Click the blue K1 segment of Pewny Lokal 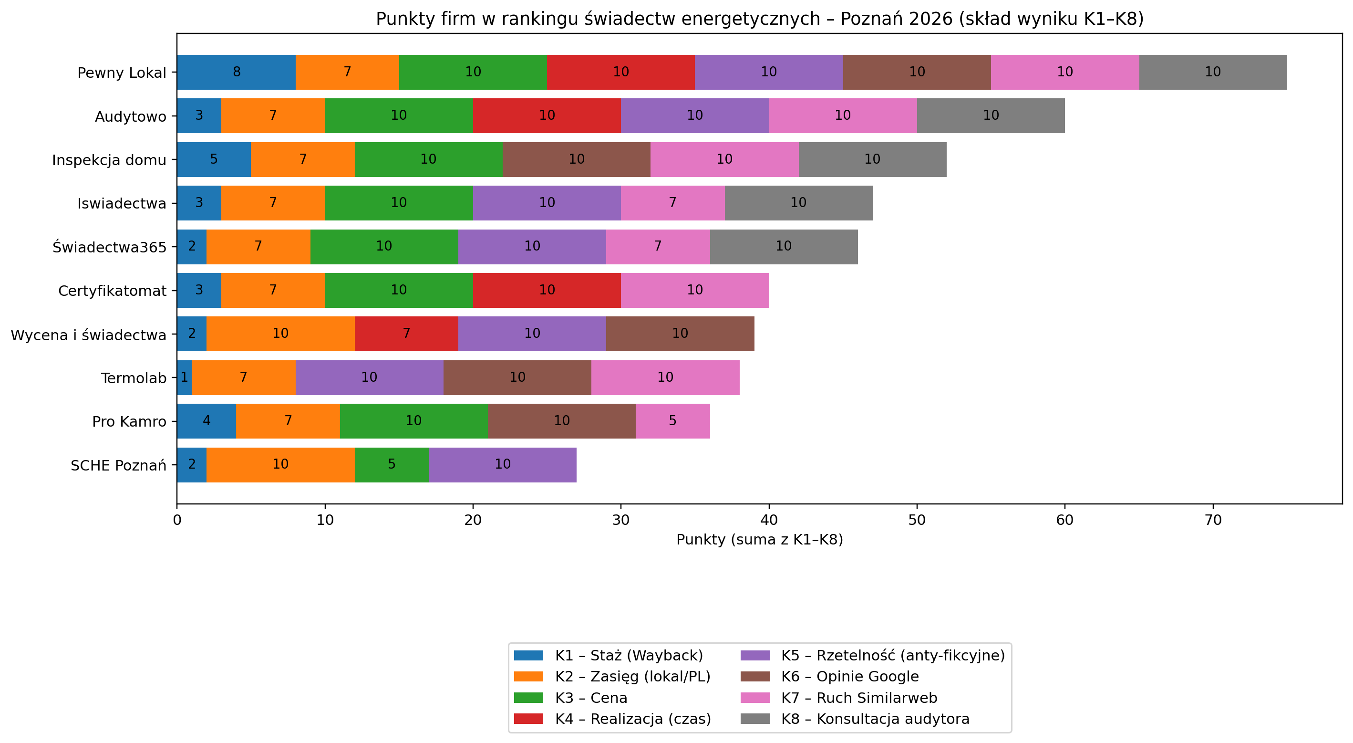(x=237, y=72)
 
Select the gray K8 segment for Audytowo (x=991, y=115)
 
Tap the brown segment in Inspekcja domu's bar (x=576, y=159)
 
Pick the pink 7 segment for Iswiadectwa (x=672, y=203)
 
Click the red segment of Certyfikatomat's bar (x=547, y=290)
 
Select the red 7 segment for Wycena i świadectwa (x=406, y=334)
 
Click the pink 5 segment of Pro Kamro (x=672, y=421)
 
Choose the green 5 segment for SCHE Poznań (x=391, y=464)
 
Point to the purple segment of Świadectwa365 (x=532, y=246)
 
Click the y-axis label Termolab (x=134, y=378)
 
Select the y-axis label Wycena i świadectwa (x=88, y=335)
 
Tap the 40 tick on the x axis (x=769, y=520)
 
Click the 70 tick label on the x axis (x=1213, y=520)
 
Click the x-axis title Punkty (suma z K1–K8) (x=760, y=540)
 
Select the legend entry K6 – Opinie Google (x=849, y=677)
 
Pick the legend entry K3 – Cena (x=590, y=698)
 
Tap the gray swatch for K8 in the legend (x=755, y=719)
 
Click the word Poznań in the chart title (x=872, y=19)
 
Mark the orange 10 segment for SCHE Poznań (x=280, y=464)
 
